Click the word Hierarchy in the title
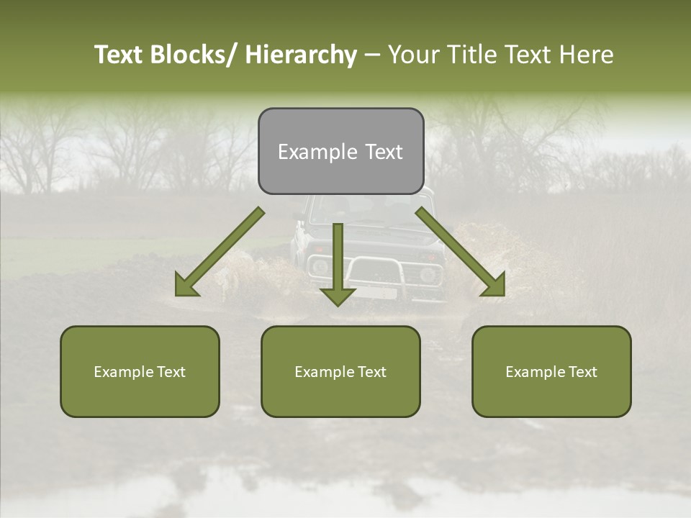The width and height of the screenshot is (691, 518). click(301, 55)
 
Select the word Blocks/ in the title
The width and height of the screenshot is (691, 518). click(194, 55)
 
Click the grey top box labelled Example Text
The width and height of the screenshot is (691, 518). click(340, 151)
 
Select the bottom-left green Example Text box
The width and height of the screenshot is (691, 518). click(140, 371)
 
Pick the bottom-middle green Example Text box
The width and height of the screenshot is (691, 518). click(340, 371)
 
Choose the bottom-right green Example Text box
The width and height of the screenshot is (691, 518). click(551, 371)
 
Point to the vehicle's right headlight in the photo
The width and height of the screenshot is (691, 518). click(429, 274)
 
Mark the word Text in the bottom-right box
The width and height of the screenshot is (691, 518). click(582, 372)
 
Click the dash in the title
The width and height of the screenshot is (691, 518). click(372, 55)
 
